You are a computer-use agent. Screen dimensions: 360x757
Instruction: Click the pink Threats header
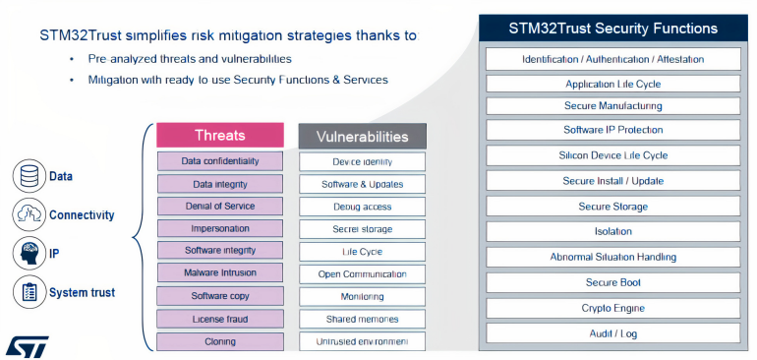(220, 135)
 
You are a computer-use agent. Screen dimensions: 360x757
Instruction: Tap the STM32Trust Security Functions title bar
(613, 28)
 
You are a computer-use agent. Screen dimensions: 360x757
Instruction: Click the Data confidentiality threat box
(220, 161)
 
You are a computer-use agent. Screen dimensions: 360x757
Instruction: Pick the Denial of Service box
(220, 207)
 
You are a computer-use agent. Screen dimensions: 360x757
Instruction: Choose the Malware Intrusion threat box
(220, 273)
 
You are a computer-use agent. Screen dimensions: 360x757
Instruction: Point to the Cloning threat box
(220, 341)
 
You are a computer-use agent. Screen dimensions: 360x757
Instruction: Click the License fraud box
(220, 319)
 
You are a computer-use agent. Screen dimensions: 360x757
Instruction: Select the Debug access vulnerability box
(362, 207)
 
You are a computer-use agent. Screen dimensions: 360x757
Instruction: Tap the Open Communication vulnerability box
(362, 274)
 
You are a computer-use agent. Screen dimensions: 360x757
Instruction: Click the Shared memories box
(362, 320)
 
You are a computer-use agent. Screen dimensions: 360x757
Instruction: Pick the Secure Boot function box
(613, 283)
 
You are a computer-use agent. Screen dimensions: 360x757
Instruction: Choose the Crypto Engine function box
(613, 309)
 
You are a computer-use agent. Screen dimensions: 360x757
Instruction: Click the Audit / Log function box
(613, 334)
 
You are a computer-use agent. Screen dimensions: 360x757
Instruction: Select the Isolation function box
(613, 232)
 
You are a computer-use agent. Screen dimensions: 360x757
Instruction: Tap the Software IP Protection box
(613, 130)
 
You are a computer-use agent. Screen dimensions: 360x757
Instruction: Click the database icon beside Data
(29, 177)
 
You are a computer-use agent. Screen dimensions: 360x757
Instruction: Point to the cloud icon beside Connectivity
(29, 214)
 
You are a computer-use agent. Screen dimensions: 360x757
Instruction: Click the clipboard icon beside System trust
(29, 292)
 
